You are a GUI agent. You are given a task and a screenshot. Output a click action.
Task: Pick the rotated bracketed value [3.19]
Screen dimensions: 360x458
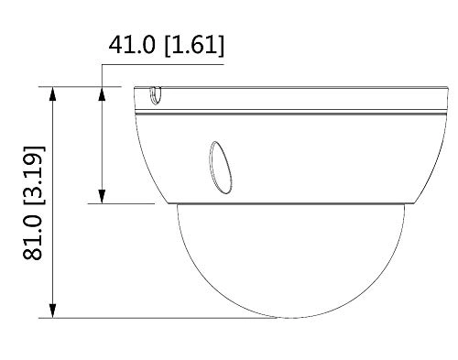point(33,175)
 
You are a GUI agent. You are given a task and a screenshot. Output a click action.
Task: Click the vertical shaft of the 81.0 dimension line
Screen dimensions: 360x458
point(56,202)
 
